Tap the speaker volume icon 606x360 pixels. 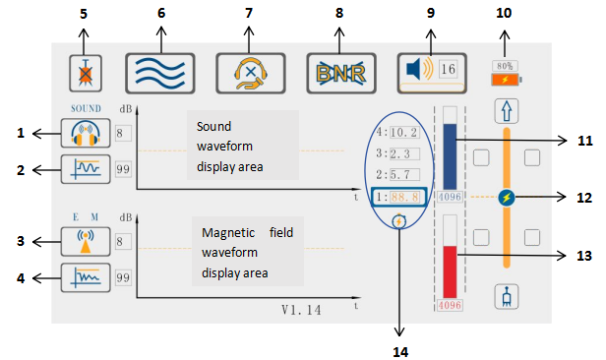click(414, 71)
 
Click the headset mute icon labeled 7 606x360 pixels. click(250, 71)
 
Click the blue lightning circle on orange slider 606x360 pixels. click(506, 197)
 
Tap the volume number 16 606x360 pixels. click(449, 71)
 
